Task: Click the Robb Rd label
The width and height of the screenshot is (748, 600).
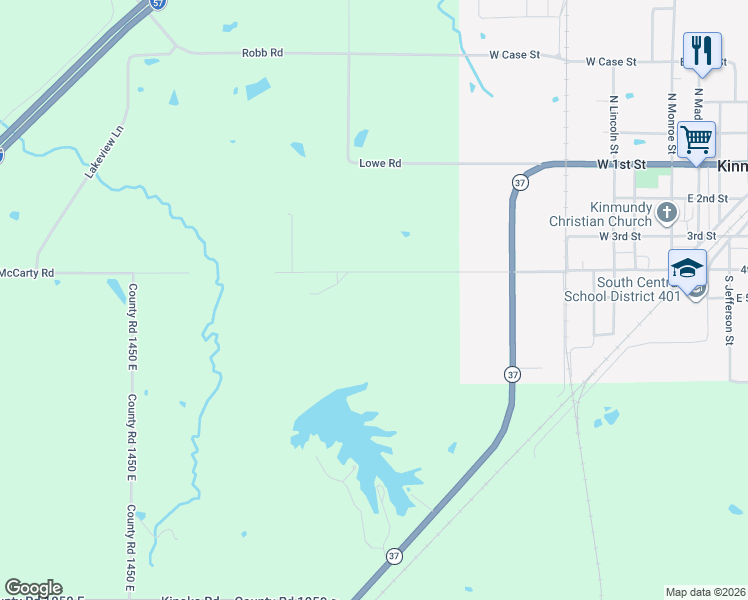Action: pos(262,53)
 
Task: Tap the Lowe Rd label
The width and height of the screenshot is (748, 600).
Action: pos(380,163)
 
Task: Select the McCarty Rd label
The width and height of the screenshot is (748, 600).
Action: pos(27,272)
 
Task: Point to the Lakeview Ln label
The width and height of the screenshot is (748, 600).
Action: pos(104,152)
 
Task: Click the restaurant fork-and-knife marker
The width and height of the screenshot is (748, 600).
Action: pos(701,51)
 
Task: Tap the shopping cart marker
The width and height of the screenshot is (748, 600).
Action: pos(696,139)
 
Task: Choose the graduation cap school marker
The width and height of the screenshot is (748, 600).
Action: pos(688,269)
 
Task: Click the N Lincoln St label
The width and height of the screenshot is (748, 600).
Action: pos(613,124)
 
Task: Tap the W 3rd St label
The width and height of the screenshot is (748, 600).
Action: pos(619,236)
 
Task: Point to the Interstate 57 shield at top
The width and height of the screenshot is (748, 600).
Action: pos(158,4)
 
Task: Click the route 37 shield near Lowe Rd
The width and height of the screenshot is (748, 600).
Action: pos(518,183)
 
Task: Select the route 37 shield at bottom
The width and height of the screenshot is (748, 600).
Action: pos(394,556)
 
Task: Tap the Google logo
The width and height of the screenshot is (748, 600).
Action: pos(33,588)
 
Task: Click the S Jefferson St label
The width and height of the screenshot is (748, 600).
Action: pos(730,310)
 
